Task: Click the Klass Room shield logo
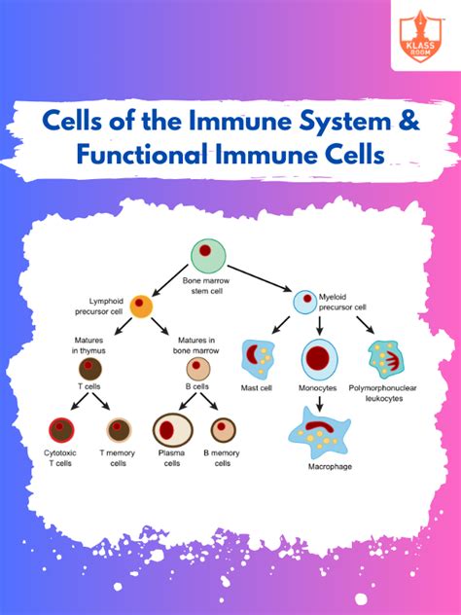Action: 420,36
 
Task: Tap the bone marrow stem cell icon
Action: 208,256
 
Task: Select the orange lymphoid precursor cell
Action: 141,307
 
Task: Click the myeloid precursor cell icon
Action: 305,302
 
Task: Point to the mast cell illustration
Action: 258,359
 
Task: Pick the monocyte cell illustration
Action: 319,359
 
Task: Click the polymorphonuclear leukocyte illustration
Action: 386,359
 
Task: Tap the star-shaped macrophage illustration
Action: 319,433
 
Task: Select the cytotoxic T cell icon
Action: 61,430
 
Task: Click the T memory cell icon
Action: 120,430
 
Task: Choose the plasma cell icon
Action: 172,430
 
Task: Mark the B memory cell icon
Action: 223,430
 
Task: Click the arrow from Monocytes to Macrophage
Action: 319,404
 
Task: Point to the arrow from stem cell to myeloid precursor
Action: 260,279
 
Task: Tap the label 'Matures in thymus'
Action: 89,345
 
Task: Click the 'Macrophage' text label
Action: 330,466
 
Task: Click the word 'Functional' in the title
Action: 142,154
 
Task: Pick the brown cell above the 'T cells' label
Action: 90,369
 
